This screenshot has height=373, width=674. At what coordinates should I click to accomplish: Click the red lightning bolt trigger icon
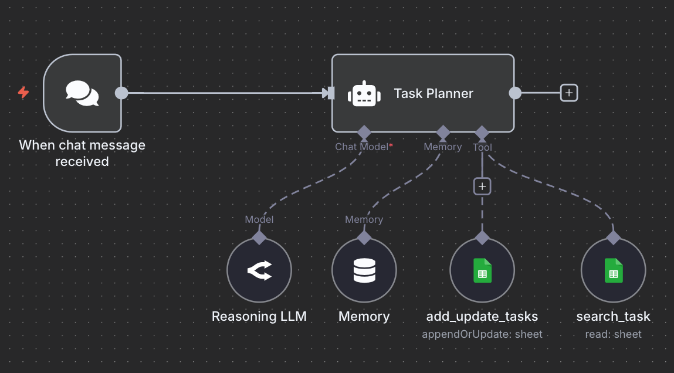(23, 93)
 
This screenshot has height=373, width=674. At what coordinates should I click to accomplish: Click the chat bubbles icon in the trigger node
(82, 93)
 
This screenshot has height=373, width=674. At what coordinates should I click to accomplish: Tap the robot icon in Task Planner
(363, 94)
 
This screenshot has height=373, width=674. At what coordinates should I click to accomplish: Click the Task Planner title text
(433, 93)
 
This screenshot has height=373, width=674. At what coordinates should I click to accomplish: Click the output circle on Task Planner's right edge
(514, 93)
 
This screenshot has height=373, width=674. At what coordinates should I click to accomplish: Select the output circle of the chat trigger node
(121, 93)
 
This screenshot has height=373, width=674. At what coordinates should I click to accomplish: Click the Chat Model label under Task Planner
(361, 147)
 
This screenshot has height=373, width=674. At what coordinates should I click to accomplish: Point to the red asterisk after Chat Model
(391, 145)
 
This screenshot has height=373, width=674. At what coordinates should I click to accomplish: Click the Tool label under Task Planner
(482, 148)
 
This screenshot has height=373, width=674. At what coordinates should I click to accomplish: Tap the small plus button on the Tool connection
(482, 186)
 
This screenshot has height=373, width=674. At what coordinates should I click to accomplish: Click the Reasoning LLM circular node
(259, 270)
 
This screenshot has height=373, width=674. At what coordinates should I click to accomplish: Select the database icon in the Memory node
(364, 270)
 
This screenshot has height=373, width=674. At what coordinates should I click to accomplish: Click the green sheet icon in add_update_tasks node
(482, 271)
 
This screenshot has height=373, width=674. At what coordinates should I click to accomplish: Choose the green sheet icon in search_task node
(613, 271)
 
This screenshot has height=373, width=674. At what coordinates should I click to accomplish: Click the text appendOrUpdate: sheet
(482, 334)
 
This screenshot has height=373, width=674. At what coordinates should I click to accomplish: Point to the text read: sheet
(613, 334)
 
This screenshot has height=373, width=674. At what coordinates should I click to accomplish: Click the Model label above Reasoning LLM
(259, 219)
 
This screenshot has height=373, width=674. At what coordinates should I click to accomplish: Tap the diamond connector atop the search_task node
(613, 238)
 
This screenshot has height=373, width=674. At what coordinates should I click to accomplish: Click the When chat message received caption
(82, 153)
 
